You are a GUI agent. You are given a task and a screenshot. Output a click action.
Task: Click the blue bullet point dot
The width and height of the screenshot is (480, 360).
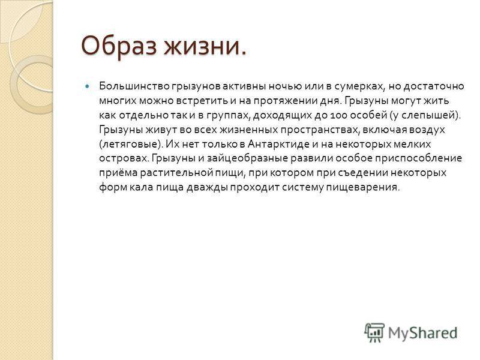88,86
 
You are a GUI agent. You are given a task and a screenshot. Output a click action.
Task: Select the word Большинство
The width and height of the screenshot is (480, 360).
134,86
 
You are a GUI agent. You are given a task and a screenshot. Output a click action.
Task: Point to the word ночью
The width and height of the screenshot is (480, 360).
286,86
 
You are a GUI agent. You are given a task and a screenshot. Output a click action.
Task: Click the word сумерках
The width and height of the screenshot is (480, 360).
358,87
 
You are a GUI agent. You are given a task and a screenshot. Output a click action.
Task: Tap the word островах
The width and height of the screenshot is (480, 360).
124,158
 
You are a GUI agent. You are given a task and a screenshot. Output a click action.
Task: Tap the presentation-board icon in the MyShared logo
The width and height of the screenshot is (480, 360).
374,332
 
